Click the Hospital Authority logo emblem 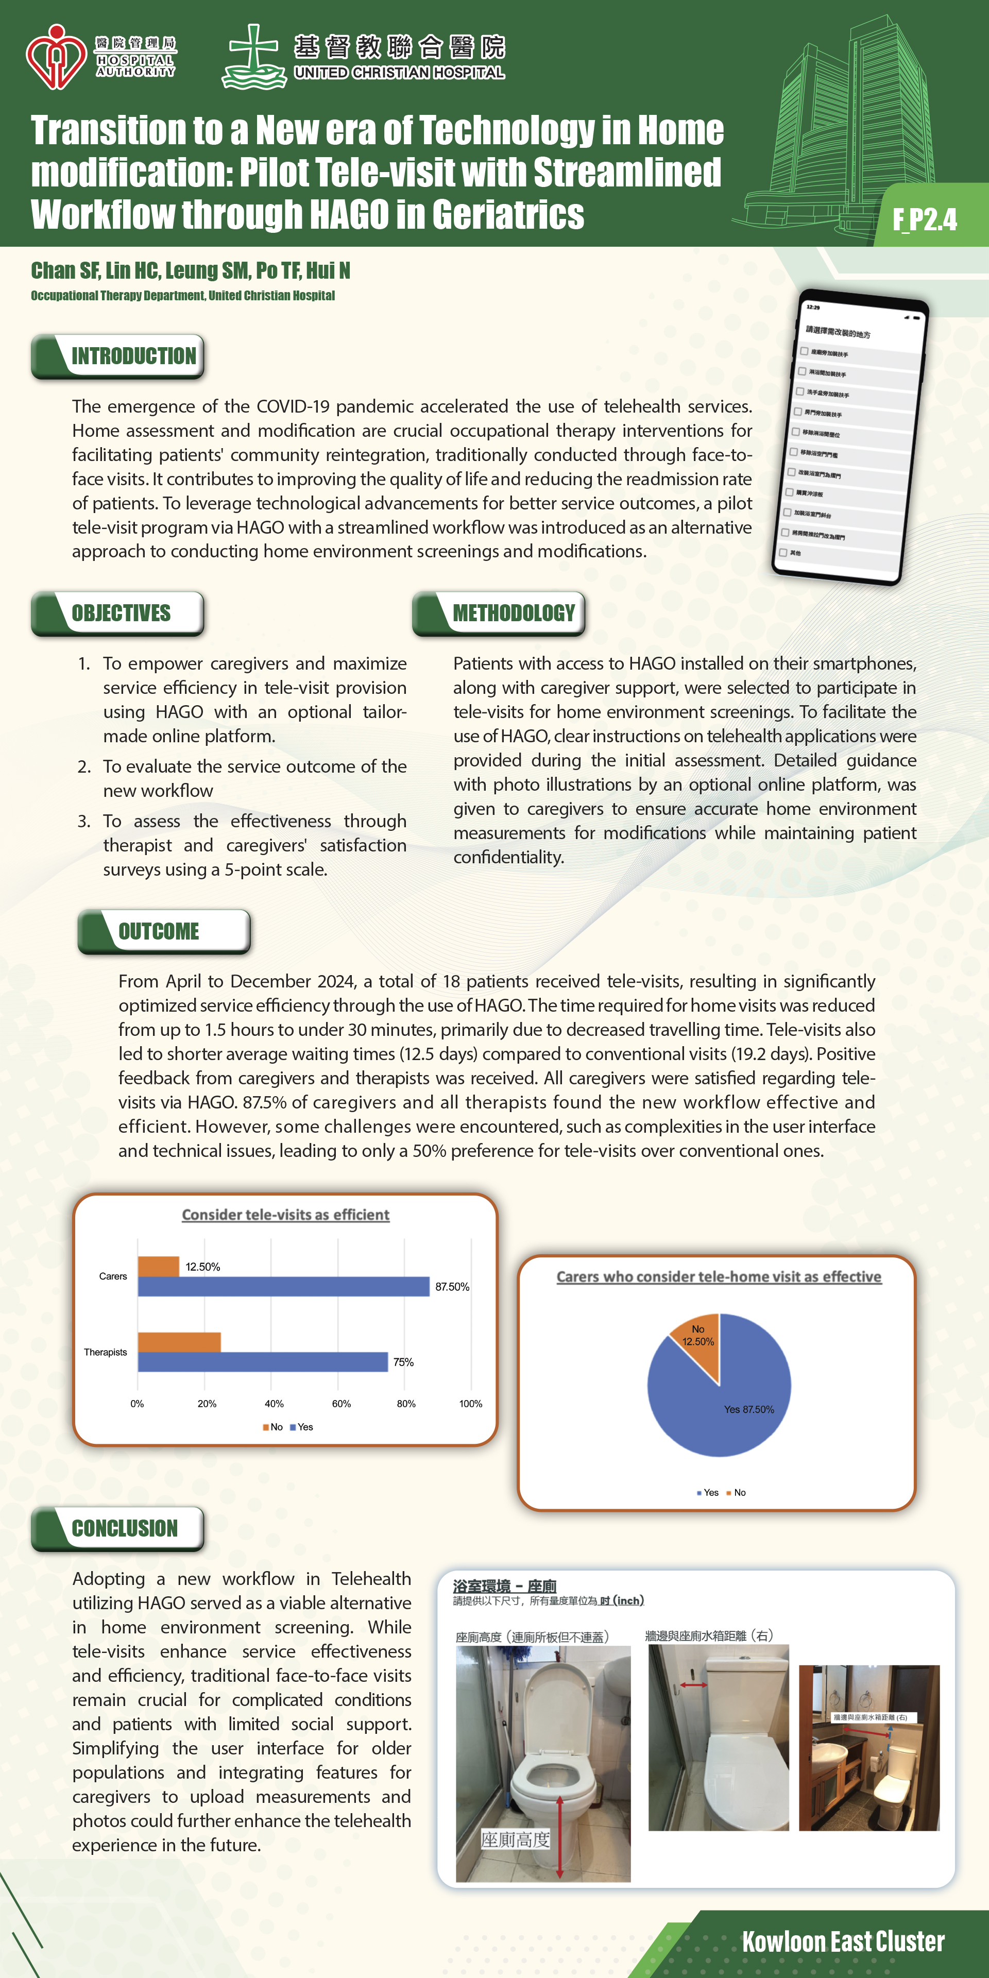[x=55, y=57]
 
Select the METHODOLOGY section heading [x=513, y=613]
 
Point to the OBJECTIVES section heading [x=122, y=613]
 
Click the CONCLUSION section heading [x=124, y=1528]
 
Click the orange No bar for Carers [x=158, y=1266]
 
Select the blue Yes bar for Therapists [x=263, y=1361]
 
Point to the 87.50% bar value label [x=452, y=1287]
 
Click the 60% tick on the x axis [x=341, y=1404]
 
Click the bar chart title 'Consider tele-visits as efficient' [x=286, y=1215]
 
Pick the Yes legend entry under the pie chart [x=707, y=1493]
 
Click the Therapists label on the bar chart [x=105, y=1352]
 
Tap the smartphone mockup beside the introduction [x=849, y=438]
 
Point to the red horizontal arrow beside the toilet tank [x=693, y=1685]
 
